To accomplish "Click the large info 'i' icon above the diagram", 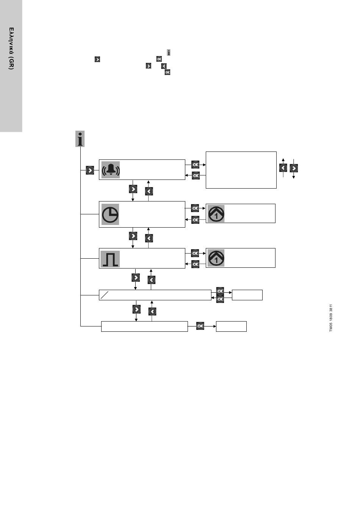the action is coord(80,139).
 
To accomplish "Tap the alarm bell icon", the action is coord(111,170).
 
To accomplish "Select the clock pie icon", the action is coord(110,214).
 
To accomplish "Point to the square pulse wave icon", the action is coord(110,259).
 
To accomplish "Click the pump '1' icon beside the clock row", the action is coord(216,214).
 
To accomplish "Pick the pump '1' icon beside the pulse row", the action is coord(216,258).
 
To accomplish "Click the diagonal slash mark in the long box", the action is coord(104,295).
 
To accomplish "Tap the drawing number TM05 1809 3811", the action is coord(331,318).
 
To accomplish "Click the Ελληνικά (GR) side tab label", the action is coord(11,48).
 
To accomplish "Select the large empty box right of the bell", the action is coord(241,170).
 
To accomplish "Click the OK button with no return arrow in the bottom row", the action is coord(200,326).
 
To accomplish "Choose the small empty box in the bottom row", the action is coord(231,326).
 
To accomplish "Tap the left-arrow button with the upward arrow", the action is coord(283,168).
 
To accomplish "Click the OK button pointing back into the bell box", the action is coord(196,176).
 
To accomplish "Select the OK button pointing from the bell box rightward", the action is coord(196,164).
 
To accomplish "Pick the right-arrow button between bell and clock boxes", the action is coord(133,189).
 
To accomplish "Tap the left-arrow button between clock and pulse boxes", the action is coord(149,238).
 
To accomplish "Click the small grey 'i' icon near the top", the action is coord(169,53).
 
